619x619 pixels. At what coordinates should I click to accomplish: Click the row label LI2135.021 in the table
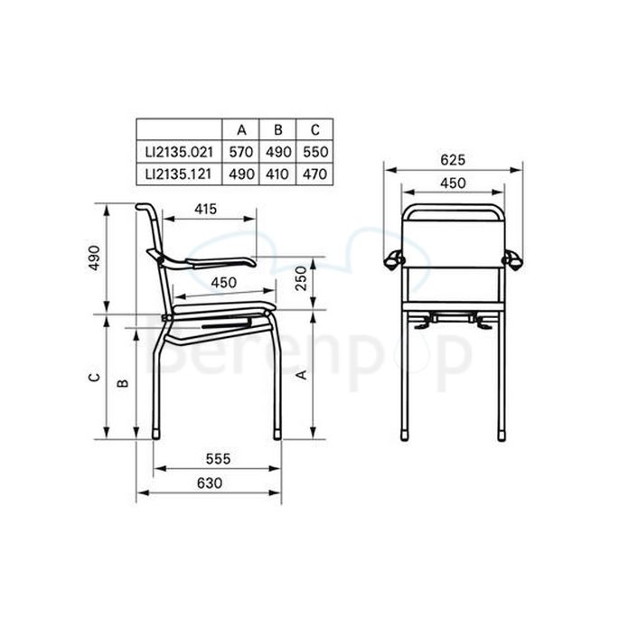click(x=179, y=151)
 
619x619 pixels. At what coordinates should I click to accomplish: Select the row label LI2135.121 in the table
click(x=179, y=173)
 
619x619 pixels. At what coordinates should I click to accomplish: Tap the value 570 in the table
click(x=241, y=151)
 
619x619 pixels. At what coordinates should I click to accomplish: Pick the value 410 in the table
click(x=277, y=173)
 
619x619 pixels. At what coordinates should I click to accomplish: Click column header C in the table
click(x=314, y=129)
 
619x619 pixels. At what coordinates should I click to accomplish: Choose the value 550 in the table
click(x=314, y=151)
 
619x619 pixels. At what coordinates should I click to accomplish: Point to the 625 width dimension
click(x=453, y=160)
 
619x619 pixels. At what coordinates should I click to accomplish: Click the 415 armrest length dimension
click(x=205, y=209)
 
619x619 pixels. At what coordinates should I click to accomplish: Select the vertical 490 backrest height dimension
click(x=93, y=258)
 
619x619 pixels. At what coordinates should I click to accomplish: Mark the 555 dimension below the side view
click(x=217, y=459)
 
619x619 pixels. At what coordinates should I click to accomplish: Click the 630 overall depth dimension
click(x=209, y=483)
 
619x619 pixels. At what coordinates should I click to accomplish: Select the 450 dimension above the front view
click(x=453, y=183)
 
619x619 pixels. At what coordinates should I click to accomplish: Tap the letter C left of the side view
click(x=93, y=378)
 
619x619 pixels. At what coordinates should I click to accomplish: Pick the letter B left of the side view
click(x=124, y=382)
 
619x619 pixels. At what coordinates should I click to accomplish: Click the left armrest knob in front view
click(x=394, y=260)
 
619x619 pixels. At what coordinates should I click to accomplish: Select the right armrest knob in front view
click(x=512, y=260)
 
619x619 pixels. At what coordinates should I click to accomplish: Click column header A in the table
click(x=241, y=129)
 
